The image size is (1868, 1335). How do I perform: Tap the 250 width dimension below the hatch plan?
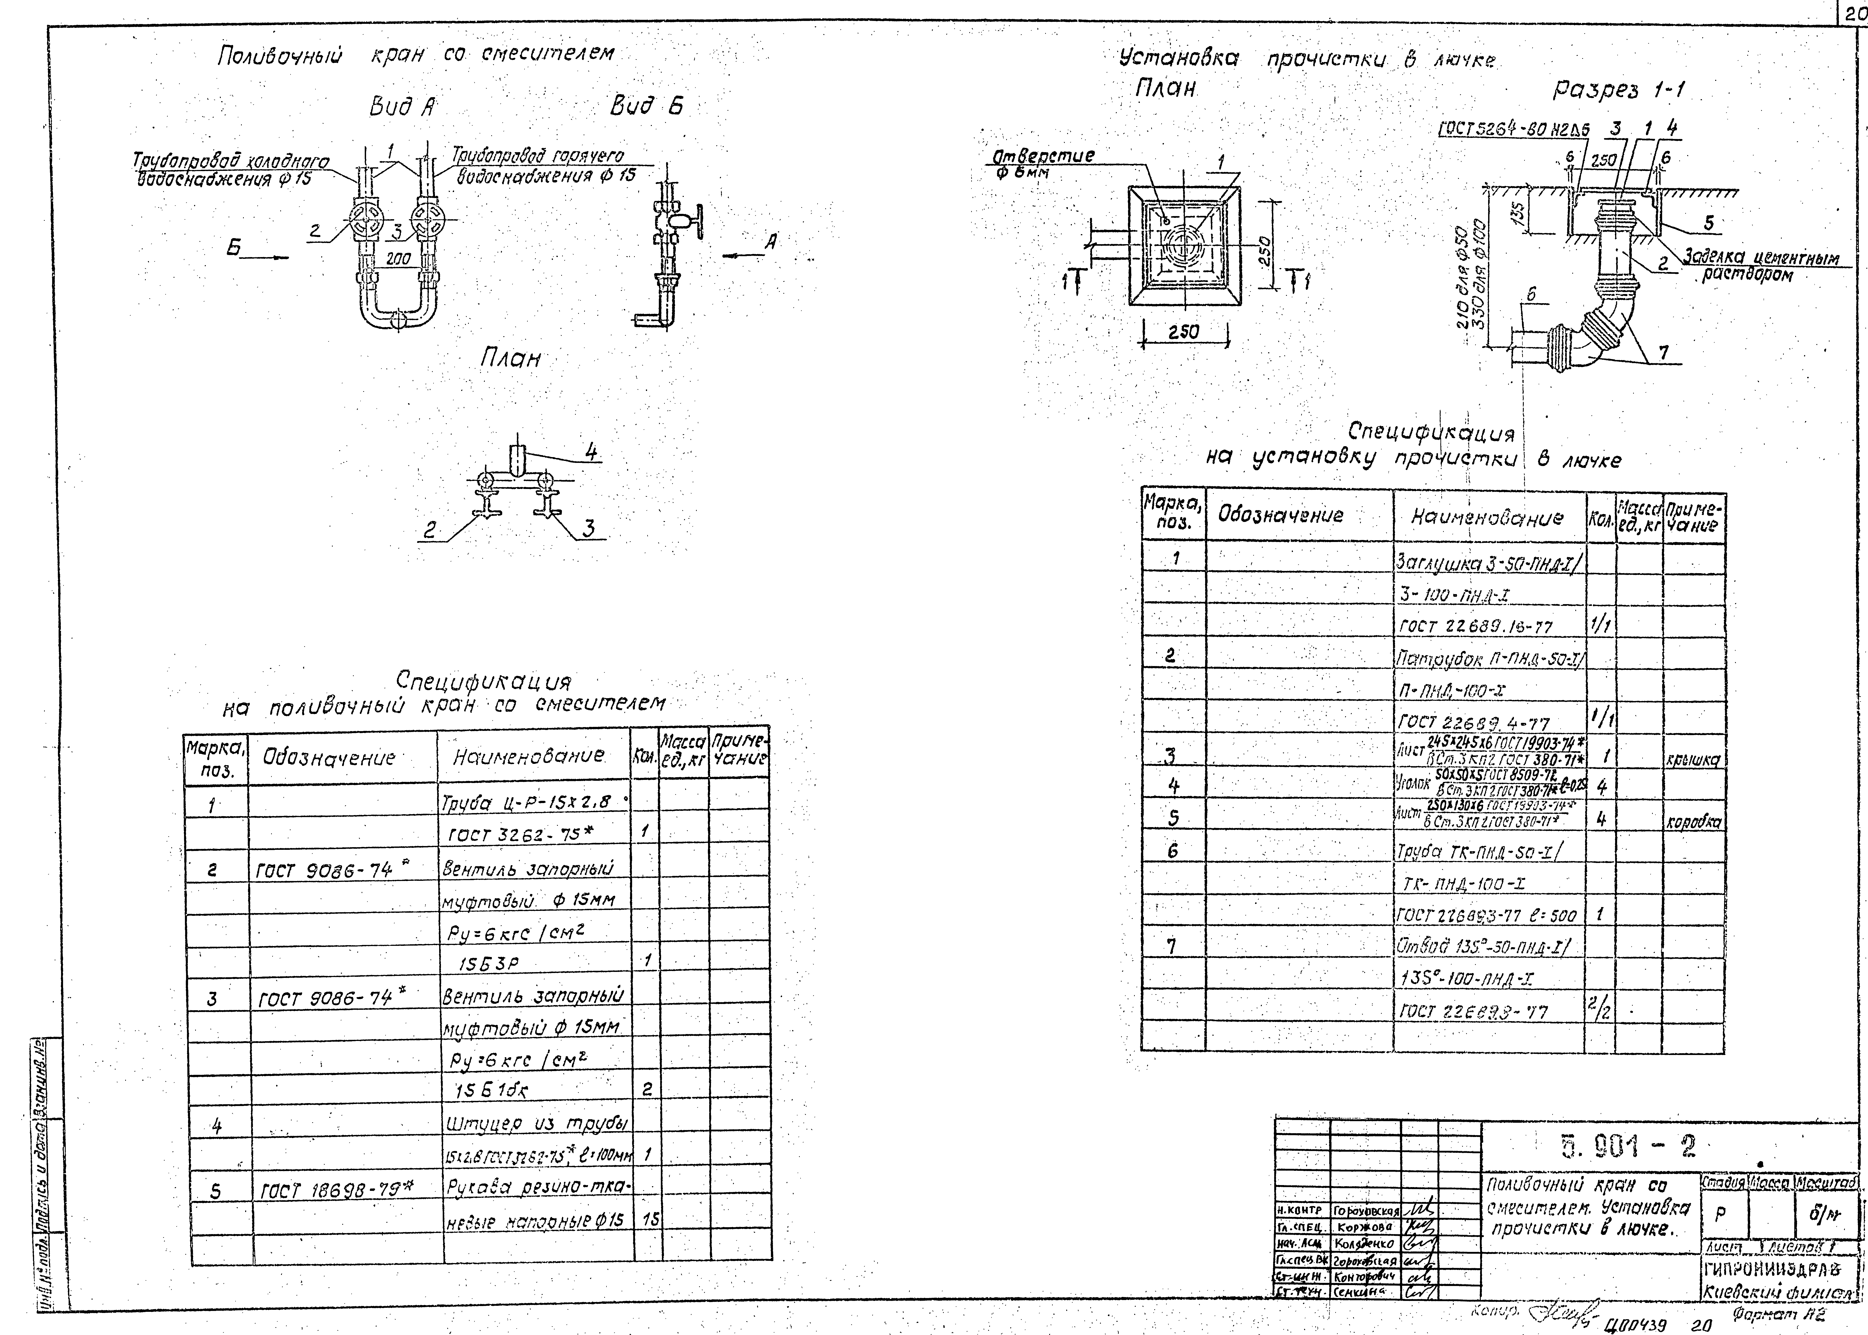pos(1184,331)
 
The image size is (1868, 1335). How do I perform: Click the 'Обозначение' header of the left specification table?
pos(329,757)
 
